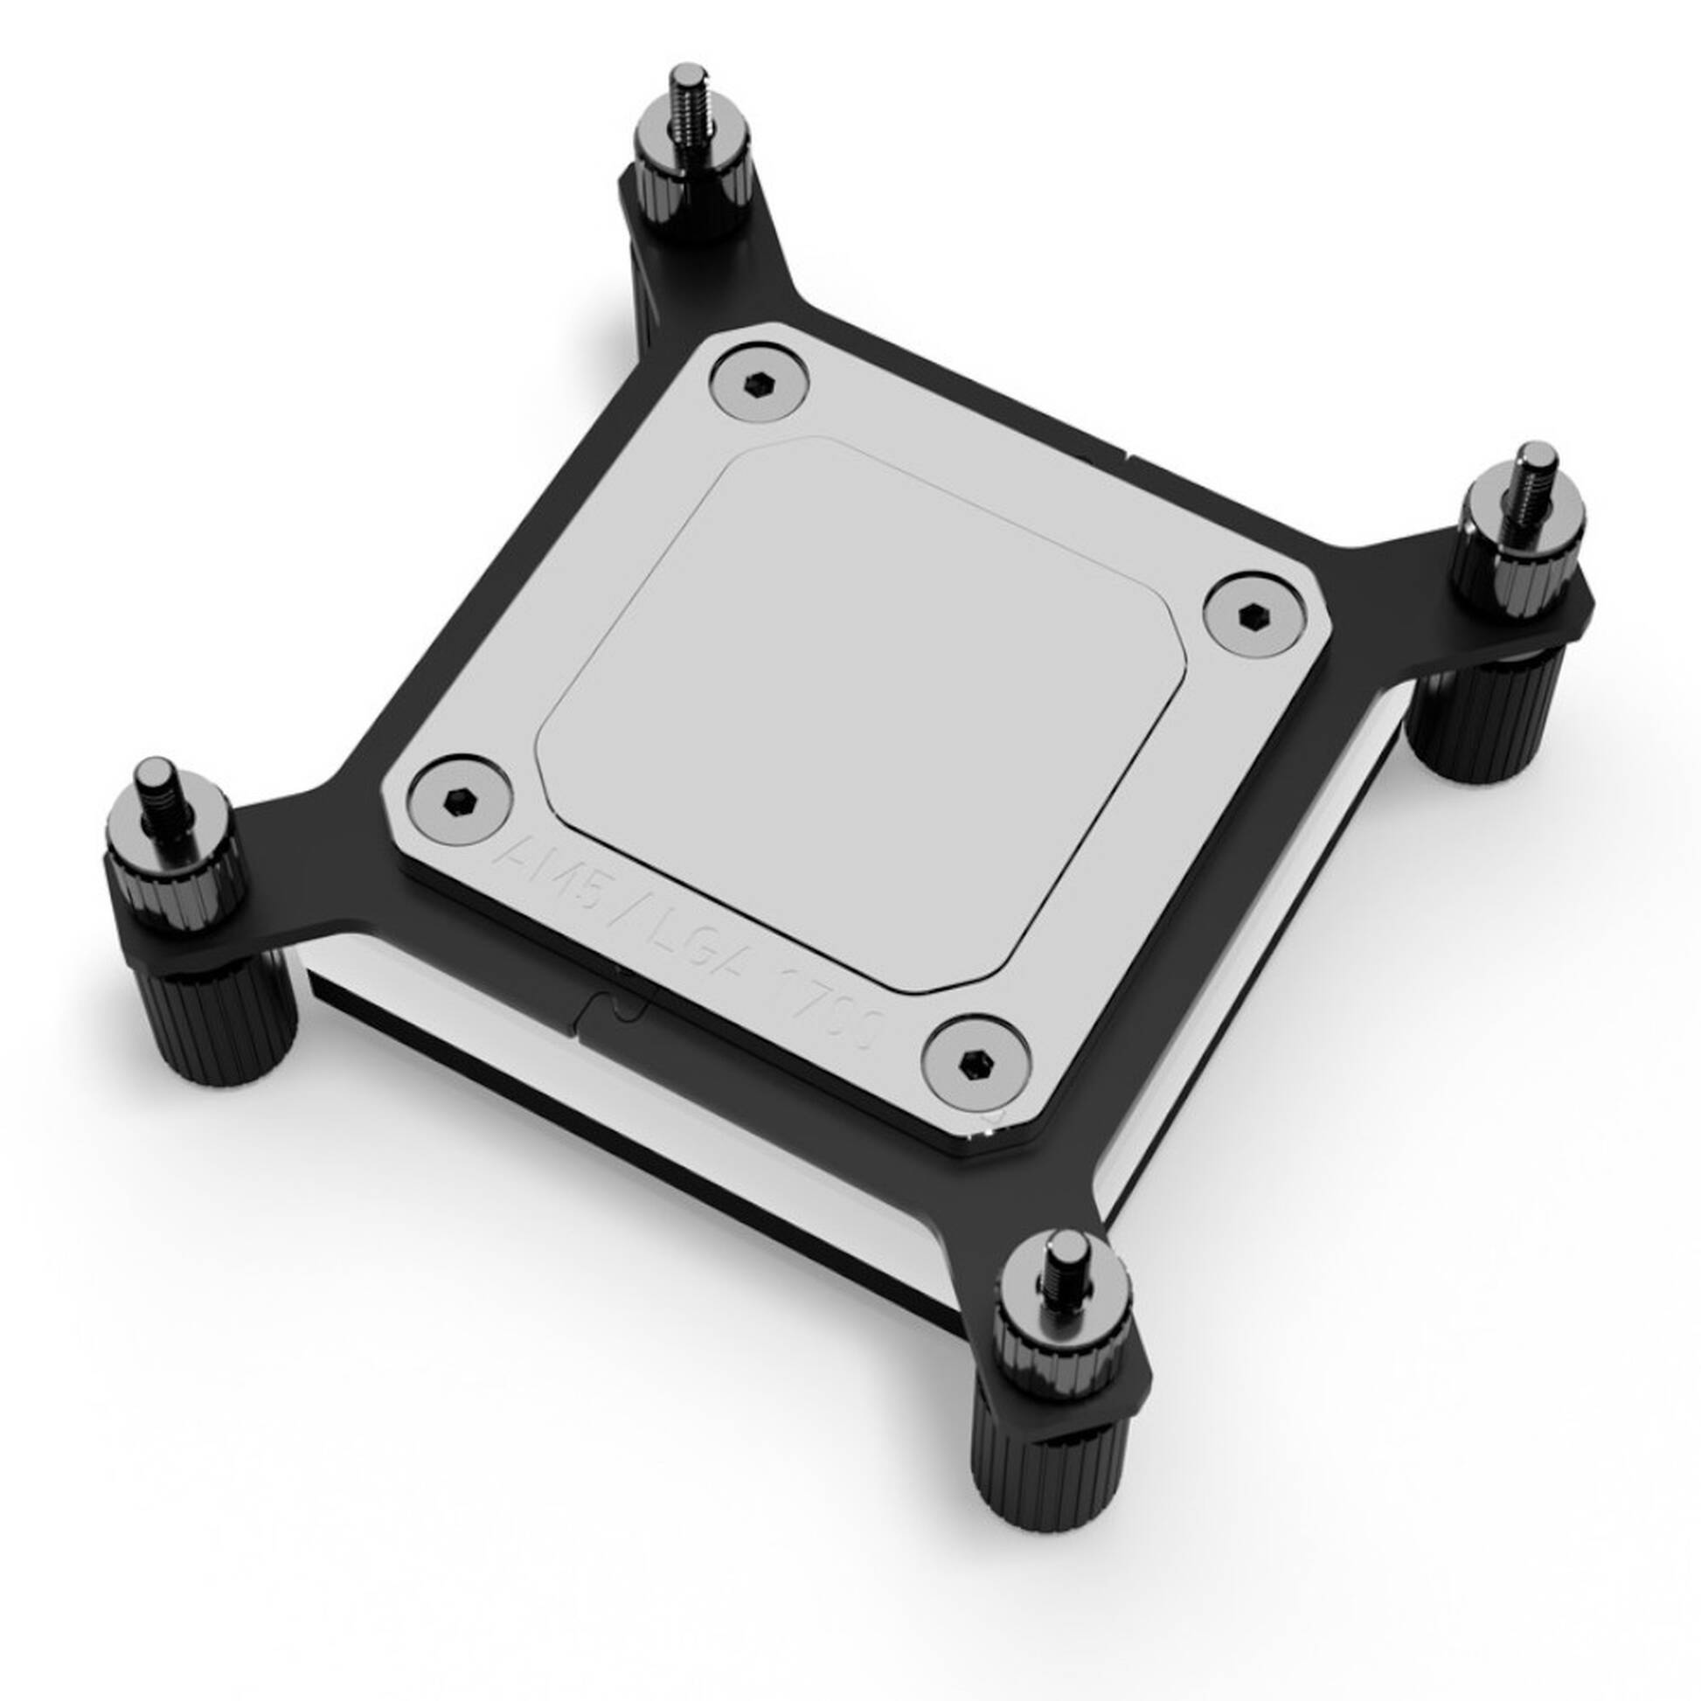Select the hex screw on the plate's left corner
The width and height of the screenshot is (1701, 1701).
click(x=462, y=800)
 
